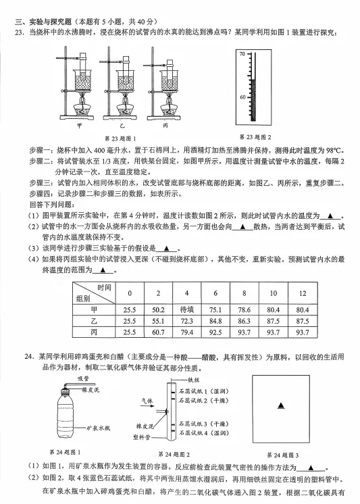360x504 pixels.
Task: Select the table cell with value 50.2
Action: coord(159,309)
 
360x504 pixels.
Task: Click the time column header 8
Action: coord(245,293)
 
